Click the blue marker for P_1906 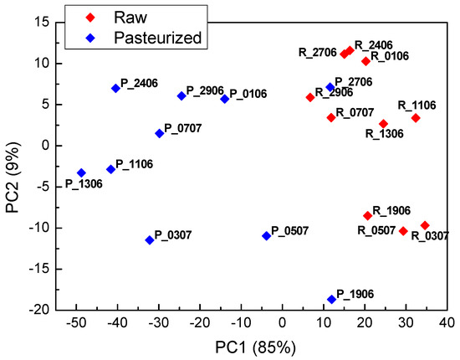pos(331,299)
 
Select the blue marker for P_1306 pos(81,172)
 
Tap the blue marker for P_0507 pos(267,236)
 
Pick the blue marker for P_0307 pos(150,240)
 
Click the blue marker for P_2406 pos(115,88)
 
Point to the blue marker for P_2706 pos(330,87)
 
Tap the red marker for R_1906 pos(367,215)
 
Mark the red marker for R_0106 pos(365,61)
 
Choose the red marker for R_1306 pos(384,124)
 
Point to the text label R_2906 pos(335,92)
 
